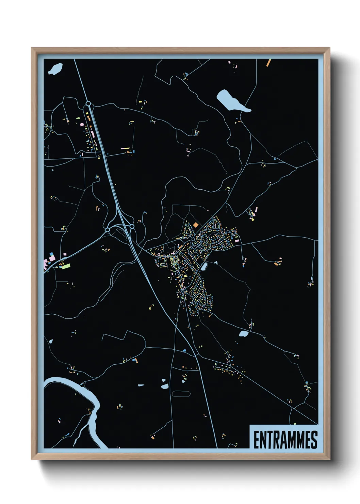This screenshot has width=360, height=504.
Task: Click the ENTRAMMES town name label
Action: (285, 440)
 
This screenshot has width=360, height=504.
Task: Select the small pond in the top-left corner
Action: (55, 69)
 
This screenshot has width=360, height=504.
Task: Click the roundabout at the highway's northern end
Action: (88, 103)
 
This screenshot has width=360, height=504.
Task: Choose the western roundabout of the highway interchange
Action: (108, 230)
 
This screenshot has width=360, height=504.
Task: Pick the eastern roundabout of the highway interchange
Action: (132, 226)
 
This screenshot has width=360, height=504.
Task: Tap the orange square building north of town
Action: (195, 225)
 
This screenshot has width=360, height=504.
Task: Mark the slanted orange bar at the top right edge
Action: (268, 63)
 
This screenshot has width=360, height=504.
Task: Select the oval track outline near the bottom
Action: (181, 394)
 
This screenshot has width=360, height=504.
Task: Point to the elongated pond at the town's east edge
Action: (204, 267)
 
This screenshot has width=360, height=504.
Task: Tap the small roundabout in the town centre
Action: (193, 240)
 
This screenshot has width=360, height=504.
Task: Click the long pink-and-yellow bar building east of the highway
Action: (125, 148)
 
